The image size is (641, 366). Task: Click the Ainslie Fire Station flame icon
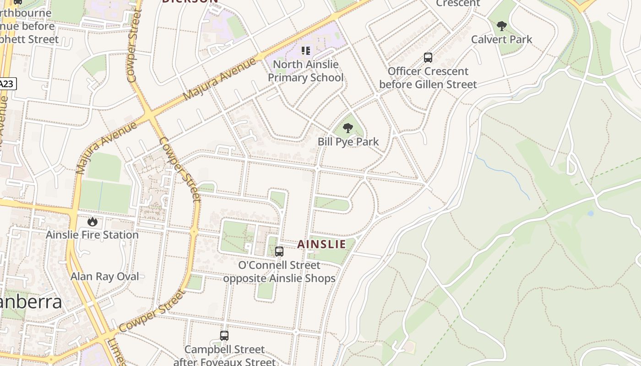pos(92,222)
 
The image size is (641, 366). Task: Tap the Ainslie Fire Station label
pos(92,235)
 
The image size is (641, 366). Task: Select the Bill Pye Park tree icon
pos(348,128)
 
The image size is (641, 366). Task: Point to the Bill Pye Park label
pos(348,142)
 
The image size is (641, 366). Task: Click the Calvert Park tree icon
pos(502,26)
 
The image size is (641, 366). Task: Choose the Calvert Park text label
pos(502,40)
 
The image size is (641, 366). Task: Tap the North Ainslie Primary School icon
pos(305,51)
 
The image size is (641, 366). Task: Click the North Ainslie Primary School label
pos(305,71)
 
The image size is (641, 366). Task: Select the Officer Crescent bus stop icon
pos(428,58)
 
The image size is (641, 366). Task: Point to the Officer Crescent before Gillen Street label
pos(428,78)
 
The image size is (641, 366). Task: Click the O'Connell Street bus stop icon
pos(279,251)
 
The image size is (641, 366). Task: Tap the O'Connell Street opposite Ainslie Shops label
pos(279,272)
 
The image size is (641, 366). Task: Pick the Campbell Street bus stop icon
pos(224,336)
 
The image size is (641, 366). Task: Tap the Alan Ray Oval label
pos(105,277)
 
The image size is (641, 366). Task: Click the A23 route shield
pos(6,84)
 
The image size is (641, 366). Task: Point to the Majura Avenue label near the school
pos(219,80)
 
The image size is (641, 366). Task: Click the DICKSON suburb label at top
pos(190,1)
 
